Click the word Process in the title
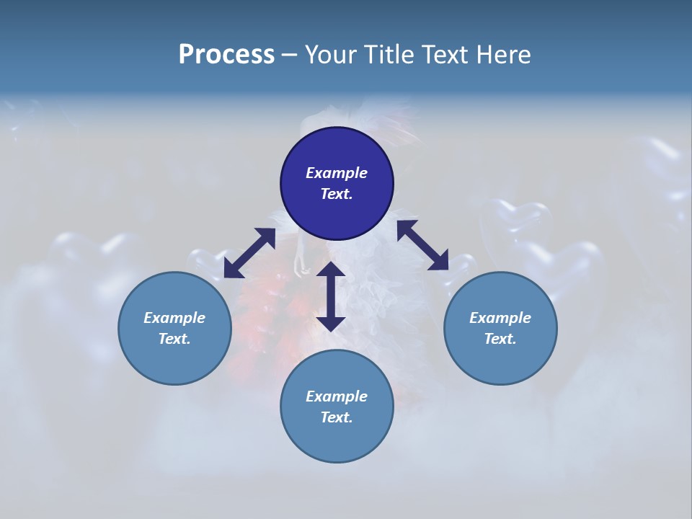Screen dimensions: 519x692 [226, 55]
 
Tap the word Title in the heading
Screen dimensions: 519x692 [389, 55]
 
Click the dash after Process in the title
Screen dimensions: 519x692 [289, 56]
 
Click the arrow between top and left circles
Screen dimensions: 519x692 [249, 253]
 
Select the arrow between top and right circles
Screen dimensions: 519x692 [422, 245]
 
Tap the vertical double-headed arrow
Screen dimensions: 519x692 [331, 296]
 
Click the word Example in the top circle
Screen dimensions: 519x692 [337, 173]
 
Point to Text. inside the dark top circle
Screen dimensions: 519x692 [337, 194]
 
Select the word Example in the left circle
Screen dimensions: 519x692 [174, 318]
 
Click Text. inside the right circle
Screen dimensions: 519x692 [500, 339]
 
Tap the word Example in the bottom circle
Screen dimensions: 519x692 [337, 396]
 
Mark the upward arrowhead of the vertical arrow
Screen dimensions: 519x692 [331, 270]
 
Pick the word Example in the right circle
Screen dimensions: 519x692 [500, 318]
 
